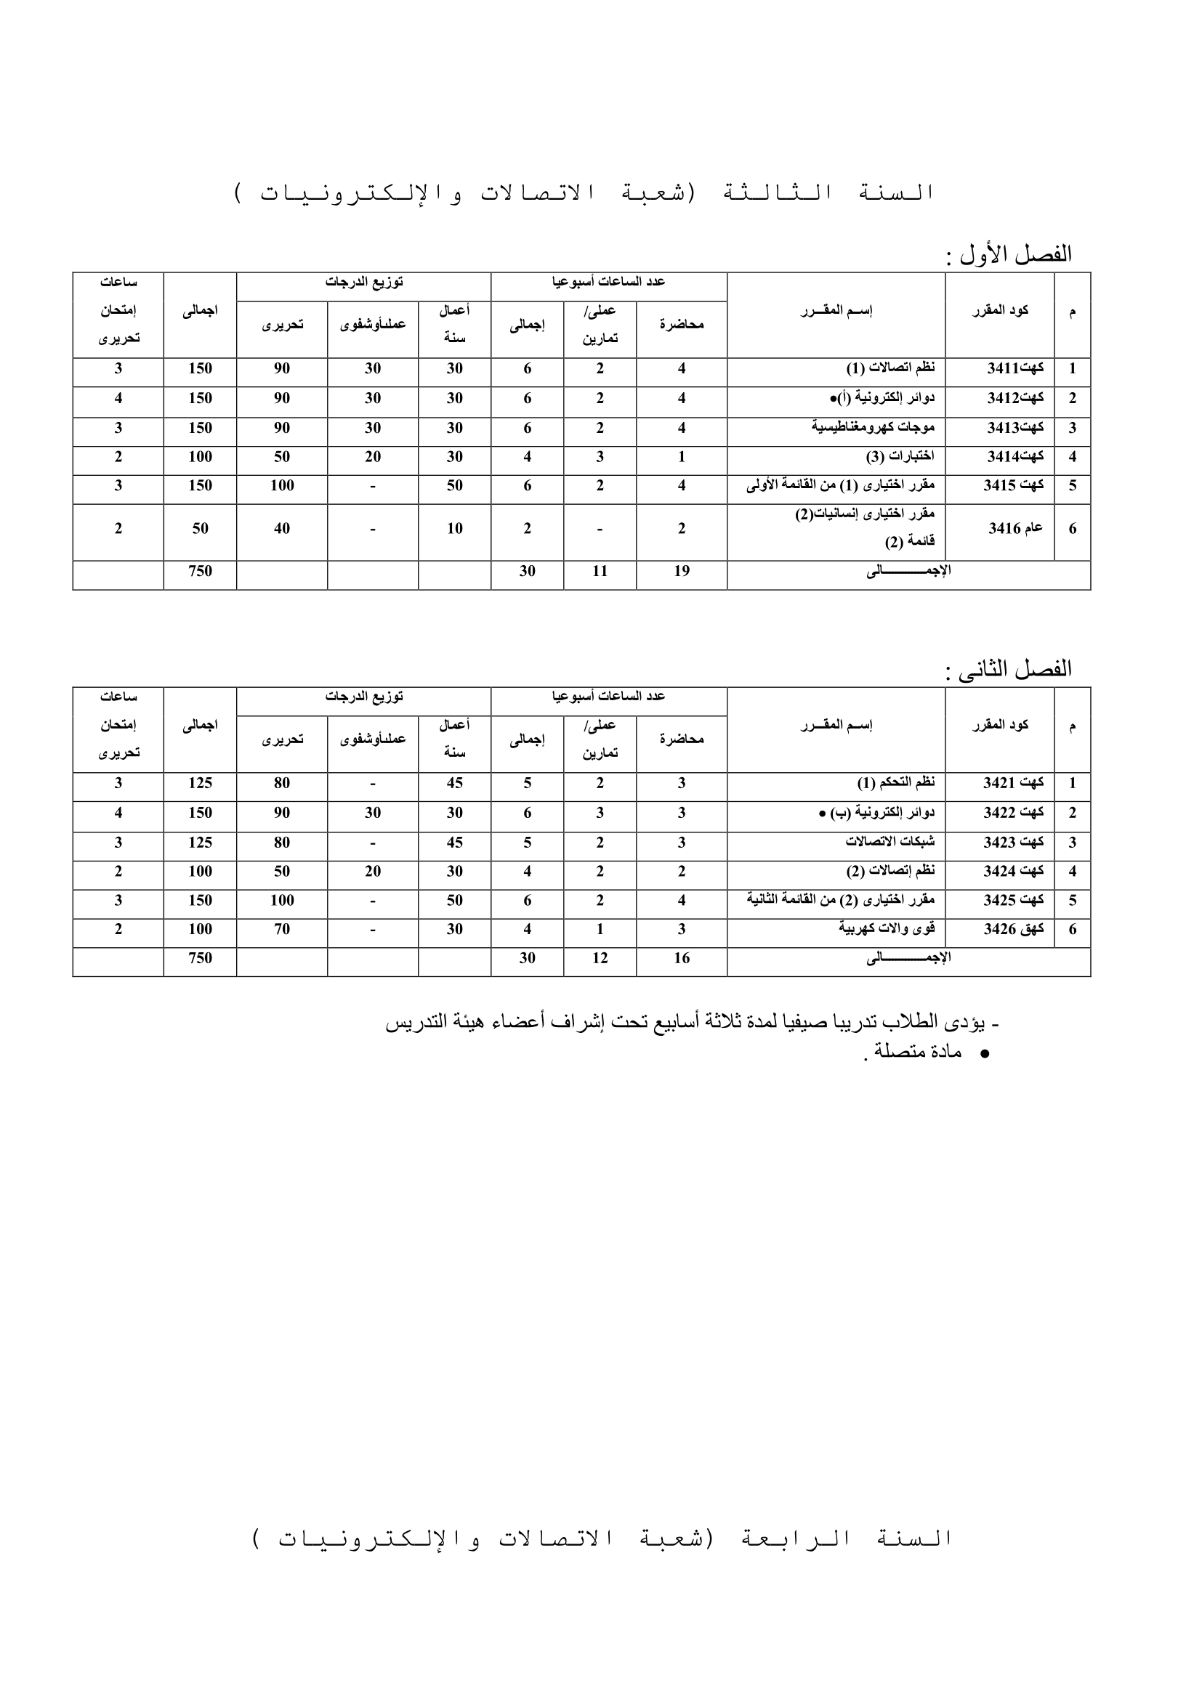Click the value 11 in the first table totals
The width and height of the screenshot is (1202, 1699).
pos(600,570)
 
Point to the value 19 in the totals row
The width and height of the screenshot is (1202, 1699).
pos(682,570)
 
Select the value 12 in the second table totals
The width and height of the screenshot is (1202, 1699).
pos(600,957)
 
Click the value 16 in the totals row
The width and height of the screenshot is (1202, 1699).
pos(682,957)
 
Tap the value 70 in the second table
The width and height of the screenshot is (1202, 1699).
pos(282,929)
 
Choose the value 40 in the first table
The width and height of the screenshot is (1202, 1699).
pos(282,528)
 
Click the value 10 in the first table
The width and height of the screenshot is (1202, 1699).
pos(454,528)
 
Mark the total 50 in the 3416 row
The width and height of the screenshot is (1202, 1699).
pos(200,528)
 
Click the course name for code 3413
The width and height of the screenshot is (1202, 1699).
pos(874,428)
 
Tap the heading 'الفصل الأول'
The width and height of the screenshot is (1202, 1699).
pos(1014,254)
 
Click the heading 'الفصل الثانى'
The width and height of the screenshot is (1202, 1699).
pos(1014,669)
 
